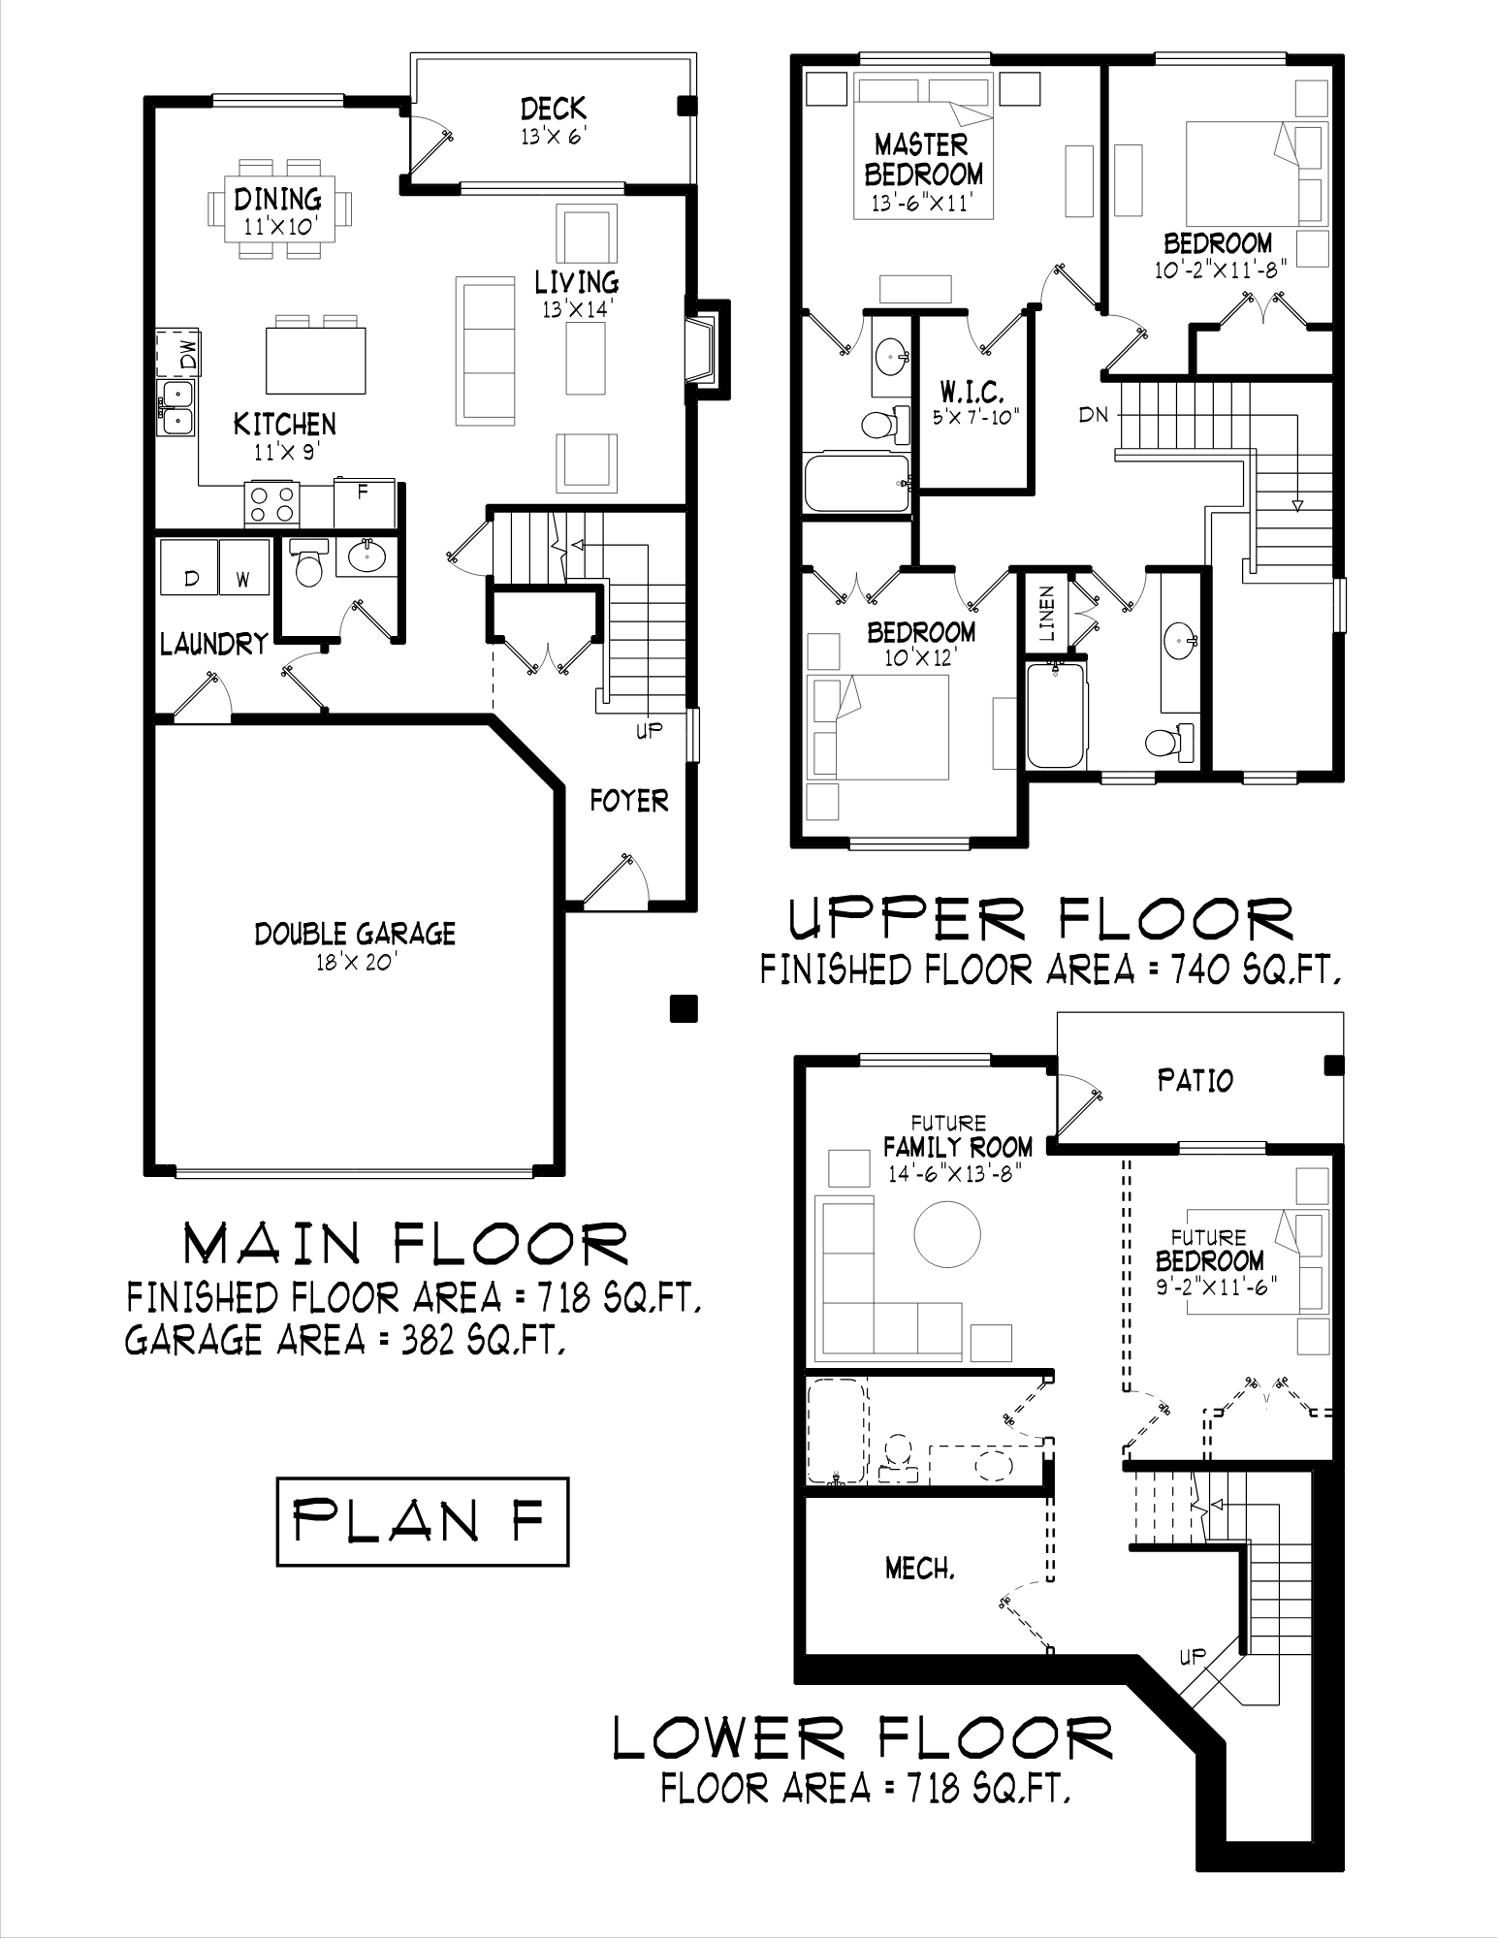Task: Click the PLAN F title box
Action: click(x=422, y=1521)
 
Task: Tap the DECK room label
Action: click(x=553, y=108)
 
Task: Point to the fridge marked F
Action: click(x=364, y=502)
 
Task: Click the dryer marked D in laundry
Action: click(x=189, y=567)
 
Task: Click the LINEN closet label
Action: click(x=1046, y=613)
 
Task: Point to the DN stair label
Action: click(x=1093, y=415)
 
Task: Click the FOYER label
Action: click(x=629, y=801)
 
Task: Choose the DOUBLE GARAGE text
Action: click(x=355, y=934)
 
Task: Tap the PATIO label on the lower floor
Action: click(x=1195, y=1080)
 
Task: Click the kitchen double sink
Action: click(x=176, y=407)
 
